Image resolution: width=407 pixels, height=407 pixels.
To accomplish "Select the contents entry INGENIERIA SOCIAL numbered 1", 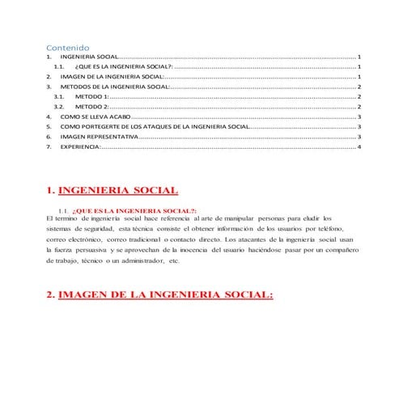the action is tap(89, 58).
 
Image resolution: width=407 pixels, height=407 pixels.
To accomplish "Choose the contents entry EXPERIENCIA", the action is tap(80, 147).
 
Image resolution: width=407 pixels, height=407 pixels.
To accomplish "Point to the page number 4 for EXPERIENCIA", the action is tap(359, 147).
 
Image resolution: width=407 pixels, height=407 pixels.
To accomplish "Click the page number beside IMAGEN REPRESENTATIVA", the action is tap(359, 137).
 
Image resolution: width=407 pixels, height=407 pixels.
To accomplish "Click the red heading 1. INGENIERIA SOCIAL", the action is tap(112, 191).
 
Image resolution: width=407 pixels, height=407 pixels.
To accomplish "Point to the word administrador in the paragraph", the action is tap(138, 262).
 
